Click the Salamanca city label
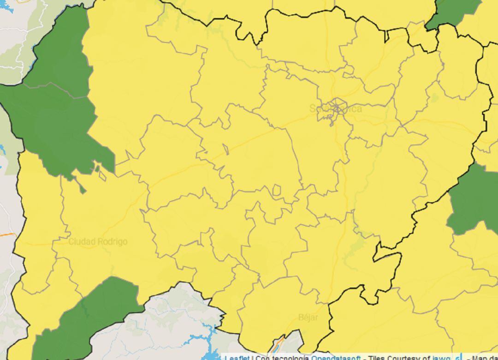tap(335, 109)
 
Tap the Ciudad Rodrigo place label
tap(98, 242)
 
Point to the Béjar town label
tap(308, 318)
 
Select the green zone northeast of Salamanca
tap(454, 12)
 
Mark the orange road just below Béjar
tap(279, 344)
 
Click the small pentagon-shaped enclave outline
tap(277, 190)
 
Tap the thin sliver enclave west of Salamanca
tap(226, 149)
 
